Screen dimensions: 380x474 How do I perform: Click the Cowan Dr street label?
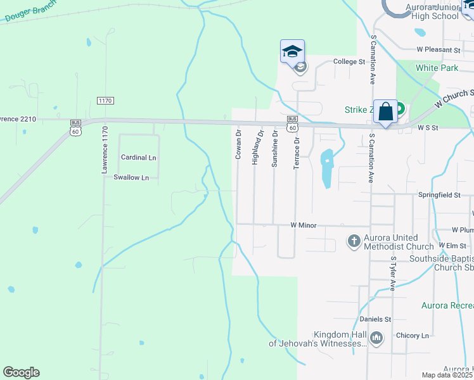(x=238, y=144)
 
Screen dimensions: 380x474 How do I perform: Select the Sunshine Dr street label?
(x=274, y=148)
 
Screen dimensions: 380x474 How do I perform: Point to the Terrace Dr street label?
(x=295, y=151)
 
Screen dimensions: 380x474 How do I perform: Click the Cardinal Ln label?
(x=138, y=157)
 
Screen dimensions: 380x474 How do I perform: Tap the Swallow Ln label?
(x=131, y=177)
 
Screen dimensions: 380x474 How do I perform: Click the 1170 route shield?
(x=105, y=101)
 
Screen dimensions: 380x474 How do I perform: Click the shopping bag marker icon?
(x=385, y=112)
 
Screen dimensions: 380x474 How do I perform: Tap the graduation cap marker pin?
(x=292, y=51)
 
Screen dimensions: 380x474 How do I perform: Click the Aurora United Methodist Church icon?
(x=354, y=241)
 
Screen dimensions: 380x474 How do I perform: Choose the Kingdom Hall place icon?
(x=376, y=338)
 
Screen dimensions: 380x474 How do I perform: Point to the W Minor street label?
(x=303, y=225)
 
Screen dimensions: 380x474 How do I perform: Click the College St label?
(x=350, y=62)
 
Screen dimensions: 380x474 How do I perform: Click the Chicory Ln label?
(x=413, y=335)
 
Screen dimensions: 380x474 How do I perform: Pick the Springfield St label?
(x=439, y=195)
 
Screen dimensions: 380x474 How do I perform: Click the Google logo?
(x=21, y=372)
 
